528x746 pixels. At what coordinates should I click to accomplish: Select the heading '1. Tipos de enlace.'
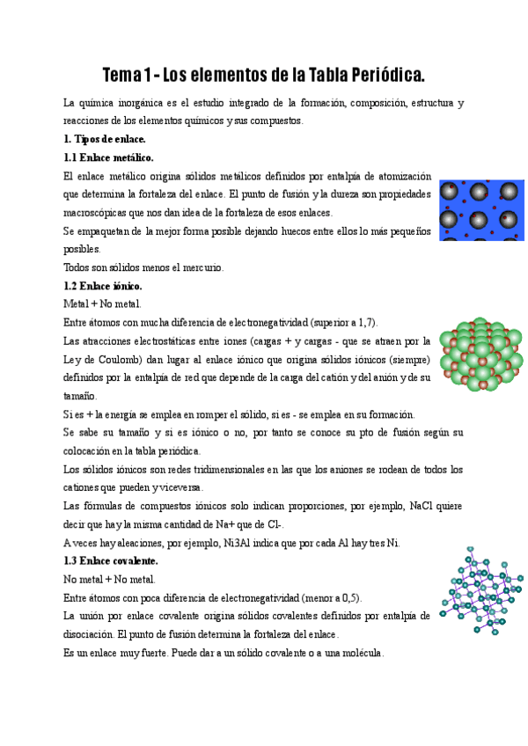coord(105,139)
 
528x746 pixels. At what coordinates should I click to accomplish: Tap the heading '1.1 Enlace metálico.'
coord(108,157)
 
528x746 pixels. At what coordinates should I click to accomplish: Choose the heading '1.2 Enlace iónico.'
coord(103,286)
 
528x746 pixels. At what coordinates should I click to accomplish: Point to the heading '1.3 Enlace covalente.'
coord(111,560)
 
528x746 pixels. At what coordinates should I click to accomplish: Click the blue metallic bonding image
coord(481,210)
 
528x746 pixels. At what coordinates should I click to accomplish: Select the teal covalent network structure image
coord(481,590)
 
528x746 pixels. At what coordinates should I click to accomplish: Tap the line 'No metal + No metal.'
coord(109,580)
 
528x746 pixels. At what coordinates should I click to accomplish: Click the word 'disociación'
coord(91,634)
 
